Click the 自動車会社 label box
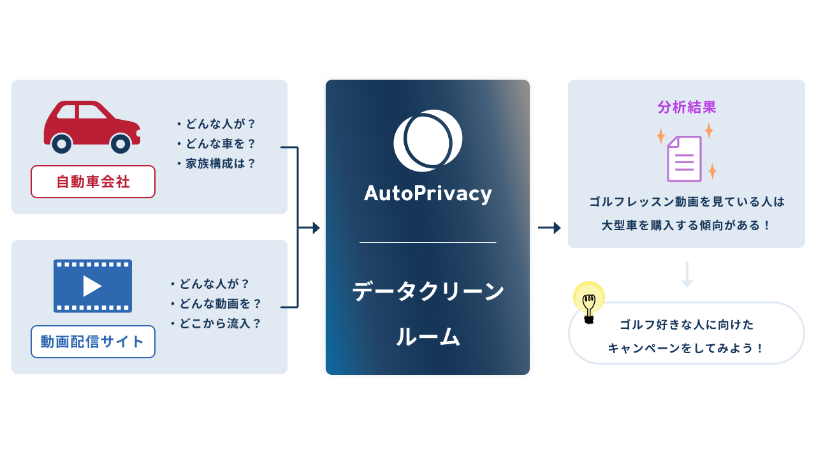point(93,182)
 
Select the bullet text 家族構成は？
point(217,164)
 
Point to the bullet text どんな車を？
point(217,144)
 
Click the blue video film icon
point(92,286)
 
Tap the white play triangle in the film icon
point(92,286)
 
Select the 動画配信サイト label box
point(93,342)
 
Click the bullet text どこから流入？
point(216,324)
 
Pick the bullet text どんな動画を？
point(216,304)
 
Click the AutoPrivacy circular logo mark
point(427,141)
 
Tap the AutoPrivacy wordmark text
point(428,193)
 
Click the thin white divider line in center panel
point(428,243)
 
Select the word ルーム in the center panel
point(428,337)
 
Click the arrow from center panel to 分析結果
point(550,228)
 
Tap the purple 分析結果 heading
point(687,107)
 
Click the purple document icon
point(684,158)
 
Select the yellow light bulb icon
point(589,301)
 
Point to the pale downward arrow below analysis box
point(687,274)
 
